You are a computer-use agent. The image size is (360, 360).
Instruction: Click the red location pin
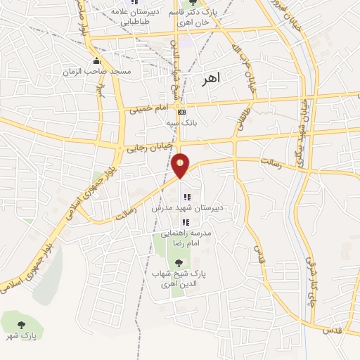point(181,165)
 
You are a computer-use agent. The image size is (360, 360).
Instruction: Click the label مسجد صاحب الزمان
point(96,72)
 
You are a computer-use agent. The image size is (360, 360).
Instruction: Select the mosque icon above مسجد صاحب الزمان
point(96,61)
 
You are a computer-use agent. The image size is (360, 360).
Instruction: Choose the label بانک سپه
point(179,122)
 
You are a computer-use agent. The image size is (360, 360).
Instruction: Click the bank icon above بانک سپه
point(181,112)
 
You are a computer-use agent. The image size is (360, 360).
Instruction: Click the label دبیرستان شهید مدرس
point(184,209)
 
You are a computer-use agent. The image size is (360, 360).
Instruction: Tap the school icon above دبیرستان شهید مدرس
point(186,198)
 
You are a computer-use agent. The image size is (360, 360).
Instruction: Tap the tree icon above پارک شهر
point(20,325)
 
